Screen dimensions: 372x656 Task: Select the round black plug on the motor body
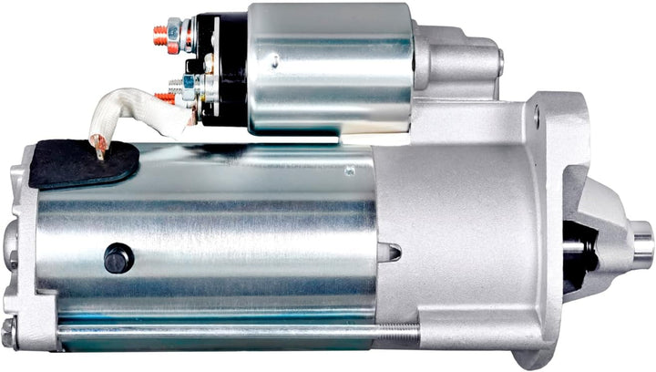(118, 258)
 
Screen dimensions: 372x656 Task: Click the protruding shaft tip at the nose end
(643, 244)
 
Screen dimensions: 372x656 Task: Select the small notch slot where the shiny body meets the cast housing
(390, 251)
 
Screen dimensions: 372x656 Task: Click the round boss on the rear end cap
(10, 242)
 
